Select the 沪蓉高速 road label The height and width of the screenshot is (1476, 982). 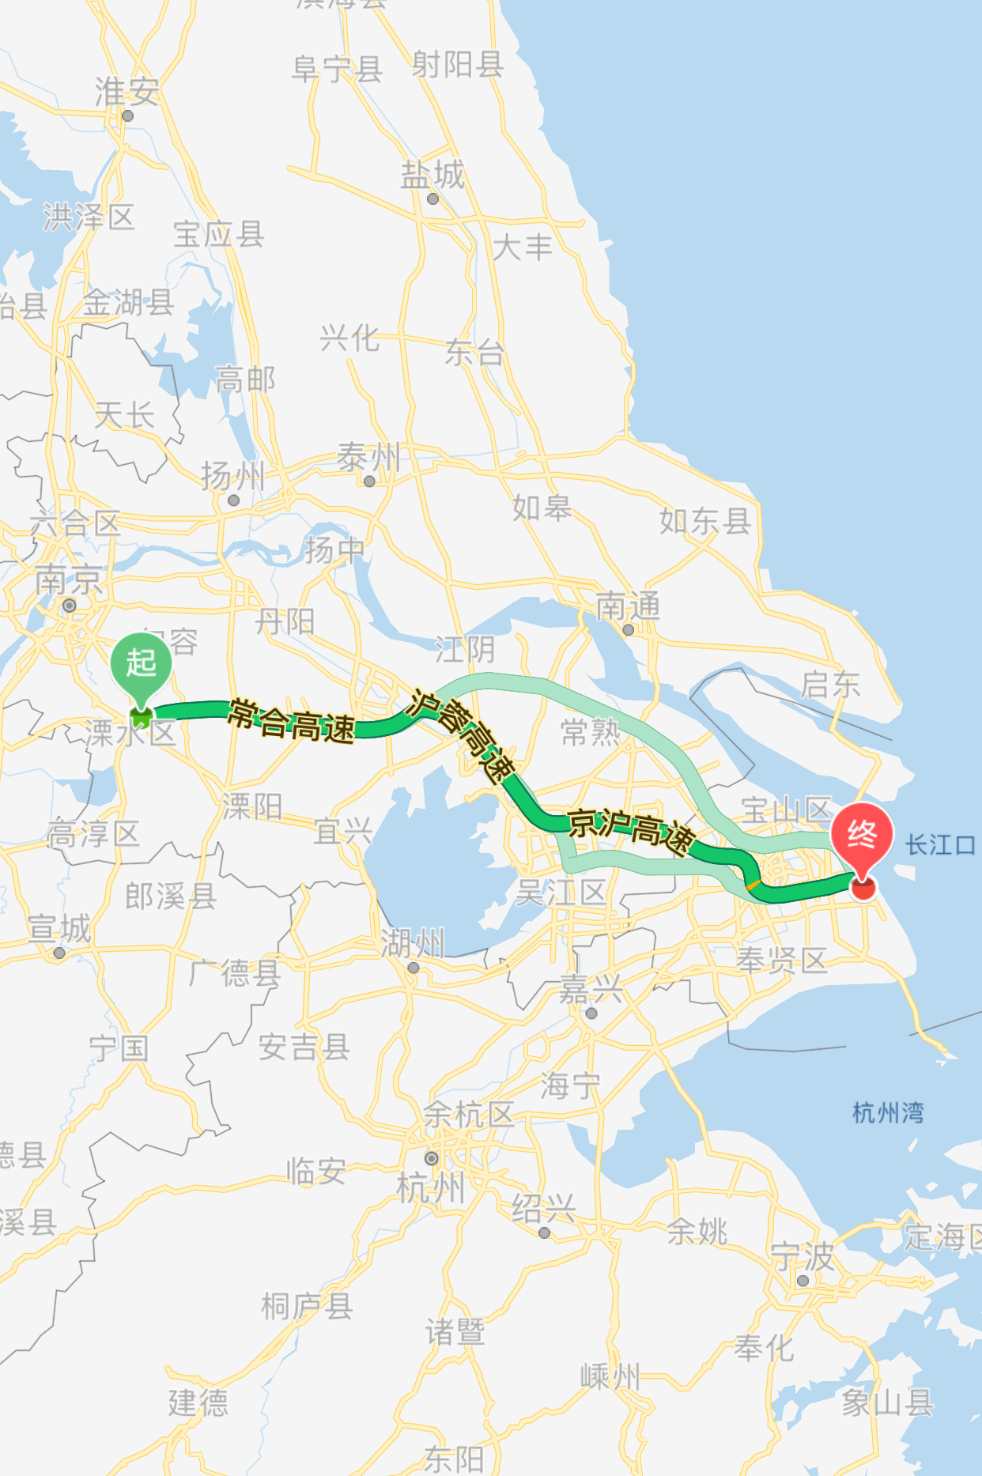pos(463,736)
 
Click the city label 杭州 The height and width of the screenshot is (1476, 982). pos(431,1187)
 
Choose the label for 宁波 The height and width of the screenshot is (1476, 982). pos(803,1255)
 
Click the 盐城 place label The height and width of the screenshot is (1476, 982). pos(432,175)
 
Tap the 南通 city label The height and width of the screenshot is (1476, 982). pos(628,607)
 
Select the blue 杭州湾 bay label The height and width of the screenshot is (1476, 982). pos(888,1113)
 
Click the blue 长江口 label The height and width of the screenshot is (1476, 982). pos(940,844)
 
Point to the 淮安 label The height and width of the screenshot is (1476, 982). pos(127,92)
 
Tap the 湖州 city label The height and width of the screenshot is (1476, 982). pos(413,943)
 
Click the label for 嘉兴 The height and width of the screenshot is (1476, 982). pos(591,989)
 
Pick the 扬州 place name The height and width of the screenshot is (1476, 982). pos(232,476)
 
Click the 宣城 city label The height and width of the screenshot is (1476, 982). pos(59,928)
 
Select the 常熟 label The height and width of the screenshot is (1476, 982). pos(591,732)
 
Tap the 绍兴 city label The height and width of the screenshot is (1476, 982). pos(544,1208)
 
